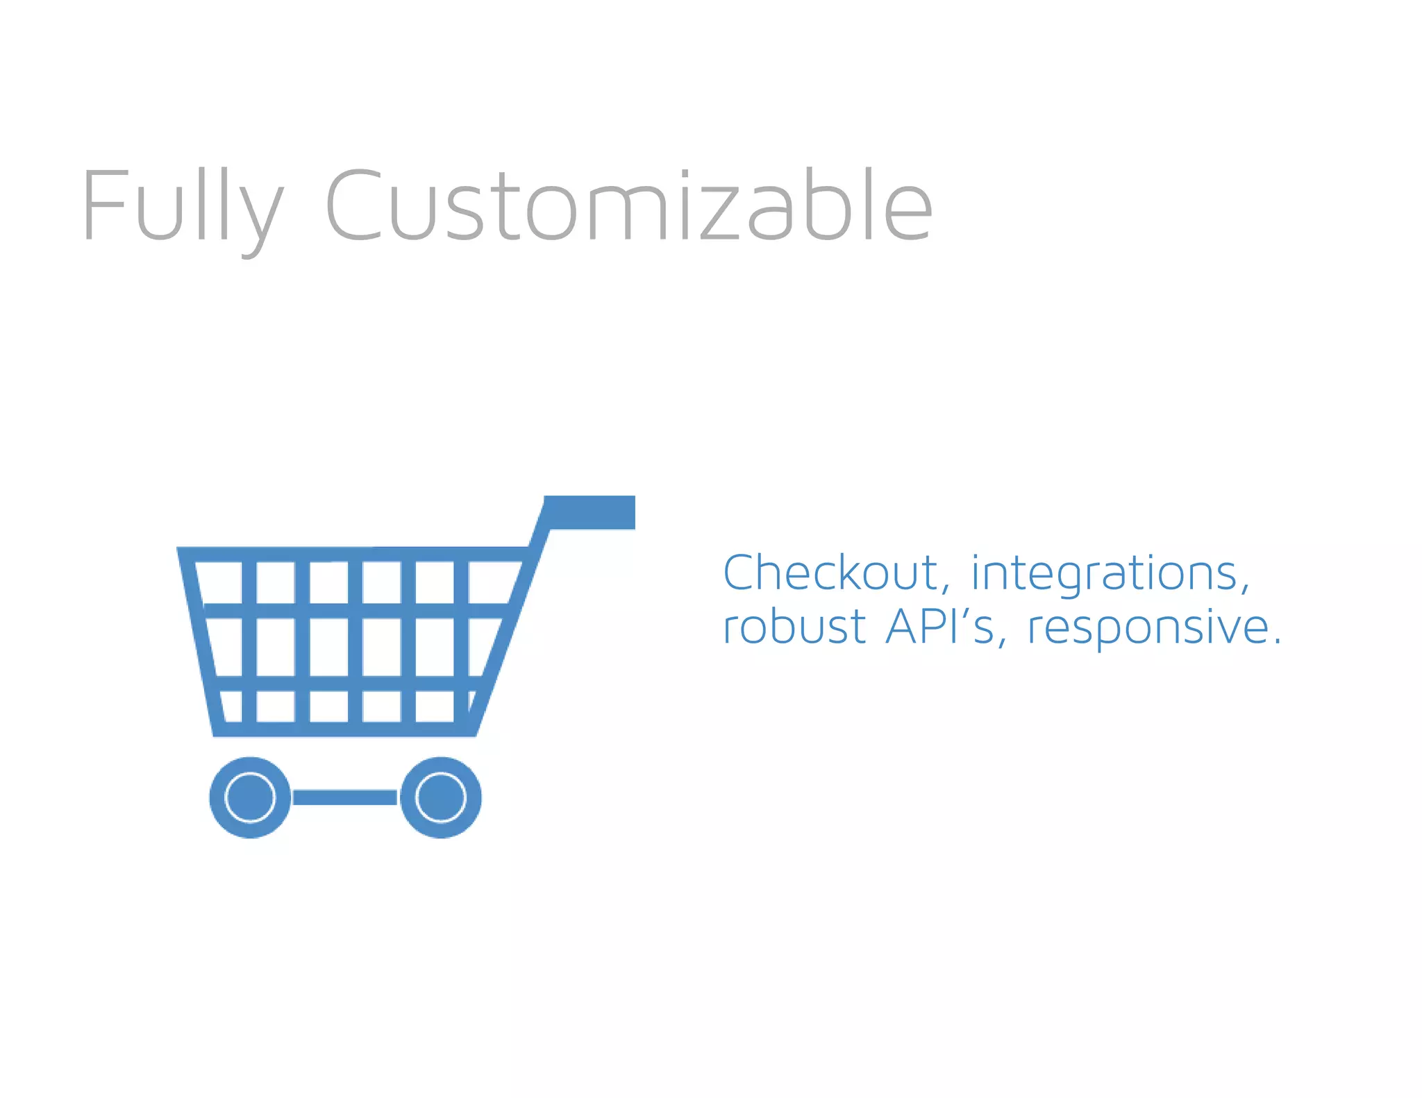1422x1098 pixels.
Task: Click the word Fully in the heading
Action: point(183,206)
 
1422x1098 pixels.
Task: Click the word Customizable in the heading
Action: point(628,206)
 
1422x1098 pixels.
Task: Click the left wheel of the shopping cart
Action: point(251,797)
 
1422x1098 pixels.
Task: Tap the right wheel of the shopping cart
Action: point(441,797)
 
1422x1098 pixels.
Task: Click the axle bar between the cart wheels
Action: point(345,797)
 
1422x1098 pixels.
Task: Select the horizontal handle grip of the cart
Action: point(590,512)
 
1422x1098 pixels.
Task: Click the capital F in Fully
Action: point(104,205)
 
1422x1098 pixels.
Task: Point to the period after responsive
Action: point(1276,642)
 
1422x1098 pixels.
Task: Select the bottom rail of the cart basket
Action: point(344,729)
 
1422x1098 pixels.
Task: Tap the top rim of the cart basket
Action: point(354,554)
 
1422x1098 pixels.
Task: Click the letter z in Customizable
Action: point(719,215)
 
